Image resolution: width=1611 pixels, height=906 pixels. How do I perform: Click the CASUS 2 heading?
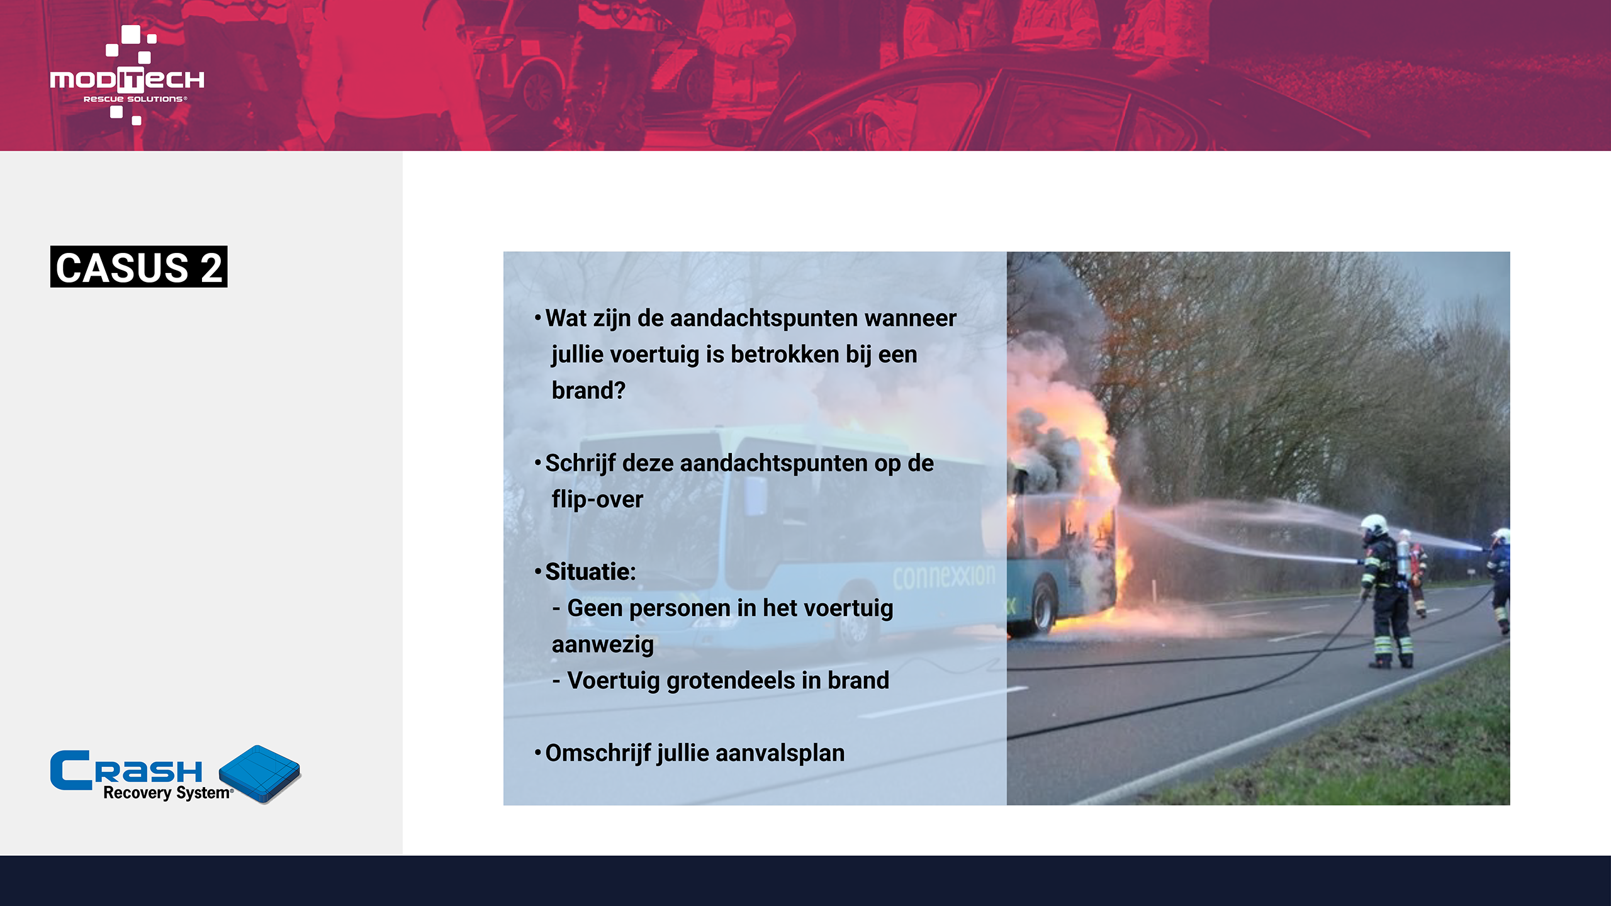pos(138,267)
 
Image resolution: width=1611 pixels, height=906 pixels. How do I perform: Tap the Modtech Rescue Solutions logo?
pos(127,75)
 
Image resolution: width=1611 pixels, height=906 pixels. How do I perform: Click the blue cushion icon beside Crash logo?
pos(260,774)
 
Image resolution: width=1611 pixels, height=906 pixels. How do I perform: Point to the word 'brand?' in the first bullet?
pos(588,391)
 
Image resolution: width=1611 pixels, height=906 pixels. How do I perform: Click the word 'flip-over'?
pos(597,500)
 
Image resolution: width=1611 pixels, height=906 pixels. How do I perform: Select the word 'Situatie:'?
pos(590,572)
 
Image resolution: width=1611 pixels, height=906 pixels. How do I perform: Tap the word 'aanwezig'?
pos(602,645)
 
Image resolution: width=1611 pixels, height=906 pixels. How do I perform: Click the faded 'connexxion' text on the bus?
pos(944,576)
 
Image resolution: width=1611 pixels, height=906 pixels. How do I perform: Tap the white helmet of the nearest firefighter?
pos(1374,524)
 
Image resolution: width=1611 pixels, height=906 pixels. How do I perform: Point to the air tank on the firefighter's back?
pos(1403,559)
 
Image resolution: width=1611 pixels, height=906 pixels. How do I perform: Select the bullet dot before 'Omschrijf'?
pos(537,752)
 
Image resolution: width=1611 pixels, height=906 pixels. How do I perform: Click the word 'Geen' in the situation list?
pos(595,608)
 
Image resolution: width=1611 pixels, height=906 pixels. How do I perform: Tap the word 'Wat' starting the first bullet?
pos(566,318)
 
